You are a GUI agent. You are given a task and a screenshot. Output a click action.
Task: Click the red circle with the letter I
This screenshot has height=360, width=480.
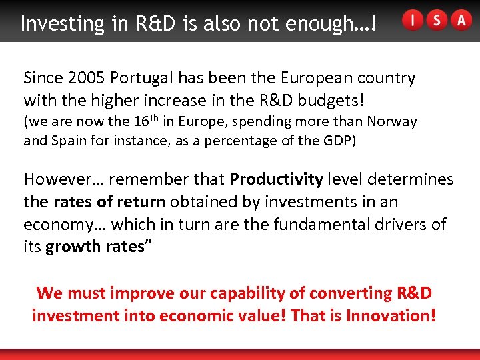(413, 21)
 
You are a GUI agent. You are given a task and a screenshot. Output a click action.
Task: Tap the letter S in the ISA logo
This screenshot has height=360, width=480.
(437, 21)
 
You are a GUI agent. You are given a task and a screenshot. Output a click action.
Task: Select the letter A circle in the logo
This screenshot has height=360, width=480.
(461, 21)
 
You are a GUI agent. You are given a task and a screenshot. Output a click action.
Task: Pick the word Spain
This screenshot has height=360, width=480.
(75, 141)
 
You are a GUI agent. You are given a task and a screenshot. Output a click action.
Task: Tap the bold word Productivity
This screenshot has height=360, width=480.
(276, 179)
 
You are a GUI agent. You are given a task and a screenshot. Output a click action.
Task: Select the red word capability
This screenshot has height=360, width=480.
(245, 293)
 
